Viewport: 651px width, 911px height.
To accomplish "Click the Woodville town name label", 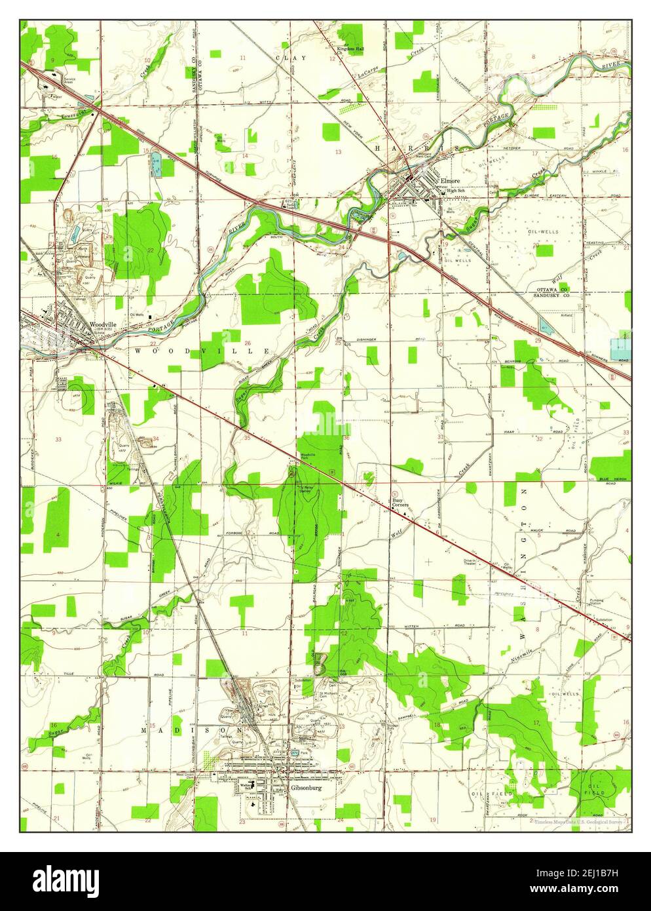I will coord(103,324).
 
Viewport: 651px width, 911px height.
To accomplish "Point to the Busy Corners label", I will coord(400,503).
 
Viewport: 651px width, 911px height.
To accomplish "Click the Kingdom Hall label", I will coord(350,49).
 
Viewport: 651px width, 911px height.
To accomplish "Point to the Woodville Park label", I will coord(308,455).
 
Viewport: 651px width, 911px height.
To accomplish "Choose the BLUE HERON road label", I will coord(612,479).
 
